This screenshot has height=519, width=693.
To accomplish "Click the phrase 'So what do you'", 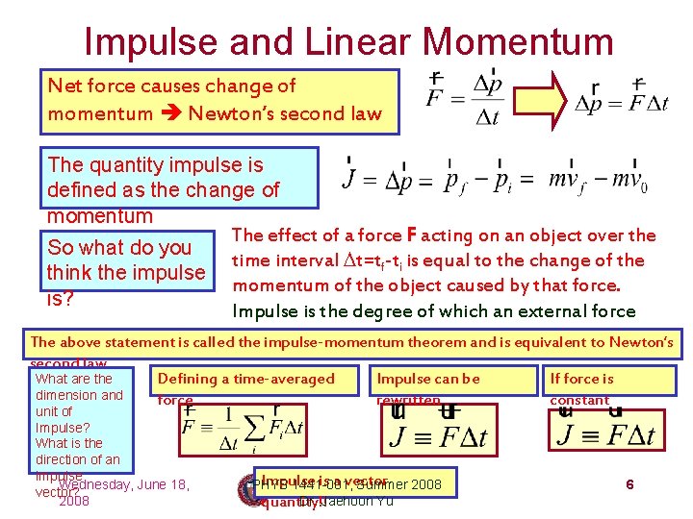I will (120, 247).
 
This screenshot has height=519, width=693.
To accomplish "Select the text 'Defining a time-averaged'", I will (245, 379).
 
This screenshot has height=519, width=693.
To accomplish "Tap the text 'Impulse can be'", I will (427, 379).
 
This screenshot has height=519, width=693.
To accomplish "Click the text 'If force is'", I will (581, 379).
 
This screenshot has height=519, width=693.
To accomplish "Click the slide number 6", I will (629, 484).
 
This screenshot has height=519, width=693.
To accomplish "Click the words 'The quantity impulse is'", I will (155, 164).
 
